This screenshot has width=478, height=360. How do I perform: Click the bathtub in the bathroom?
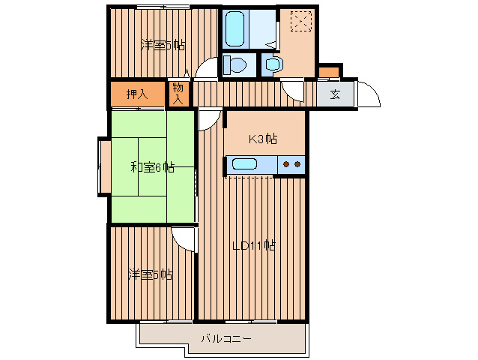pos(235,29)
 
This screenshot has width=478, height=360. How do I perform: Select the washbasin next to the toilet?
pos(274,64)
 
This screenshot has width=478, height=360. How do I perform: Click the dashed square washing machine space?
pos(301,21)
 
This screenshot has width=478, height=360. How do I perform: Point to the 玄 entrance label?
pos(335,95)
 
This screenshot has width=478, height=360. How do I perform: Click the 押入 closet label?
pos(137,94)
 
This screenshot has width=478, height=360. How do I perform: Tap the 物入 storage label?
pos(178,93)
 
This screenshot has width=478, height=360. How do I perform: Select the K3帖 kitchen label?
pos(263,139)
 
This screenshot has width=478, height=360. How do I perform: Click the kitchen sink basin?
pos(245,164)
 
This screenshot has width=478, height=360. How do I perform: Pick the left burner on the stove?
pos(286,164)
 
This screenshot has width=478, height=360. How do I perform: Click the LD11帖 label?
pos(254,245)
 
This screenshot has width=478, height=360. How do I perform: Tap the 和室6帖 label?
pos(152,167)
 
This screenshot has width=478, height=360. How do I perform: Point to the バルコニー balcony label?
pos(226,339)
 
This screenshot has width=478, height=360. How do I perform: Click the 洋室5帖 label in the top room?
pos(163,46)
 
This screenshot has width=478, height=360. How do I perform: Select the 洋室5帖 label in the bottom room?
pos(151,274)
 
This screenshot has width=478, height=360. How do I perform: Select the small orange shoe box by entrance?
pos(329,72)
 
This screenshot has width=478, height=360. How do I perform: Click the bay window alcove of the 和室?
pos(105,166)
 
